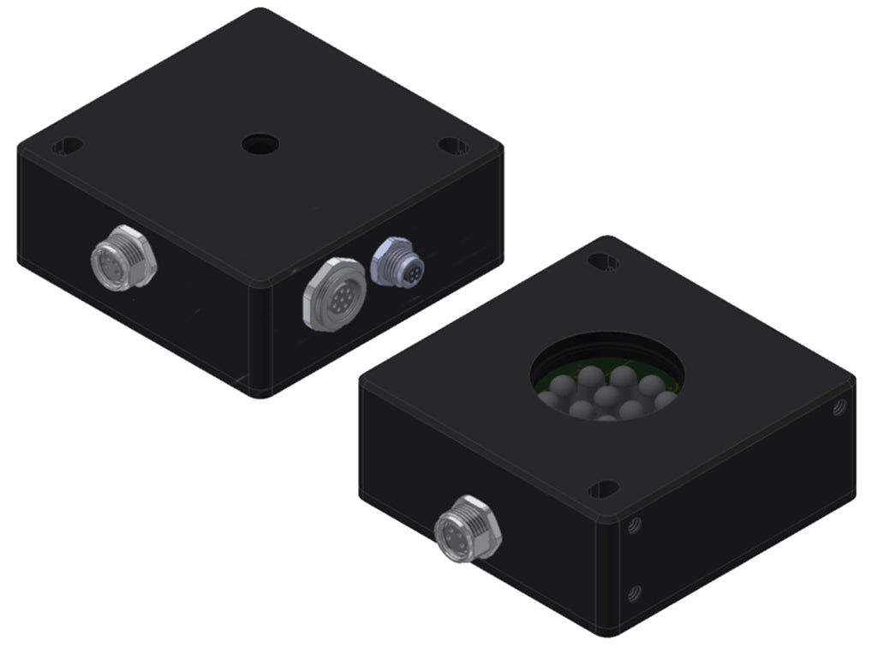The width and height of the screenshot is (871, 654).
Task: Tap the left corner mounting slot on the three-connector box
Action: click(x=68, y=147)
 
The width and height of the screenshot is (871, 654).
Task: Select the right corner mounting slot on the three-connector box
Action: click(x=453, y=146)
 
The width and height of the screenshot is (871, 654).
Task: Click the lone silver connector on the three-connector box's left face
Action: click(x=123, y=257)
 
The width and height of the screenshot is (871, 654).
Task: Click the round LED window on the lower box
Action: click(x=608, y=375)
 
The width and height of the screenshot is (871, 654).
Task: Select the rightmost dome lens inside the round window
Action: click(x=666, y=399)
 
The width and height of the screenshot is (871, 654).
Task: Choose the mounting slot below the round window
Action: click(x=604, y=489)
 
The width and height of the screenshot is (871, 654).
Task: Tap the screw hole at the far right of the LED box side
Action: click(x=839, y=410)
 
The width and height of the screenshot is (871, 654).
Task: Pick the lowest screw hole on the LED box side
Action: click(x=635, y=591)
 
